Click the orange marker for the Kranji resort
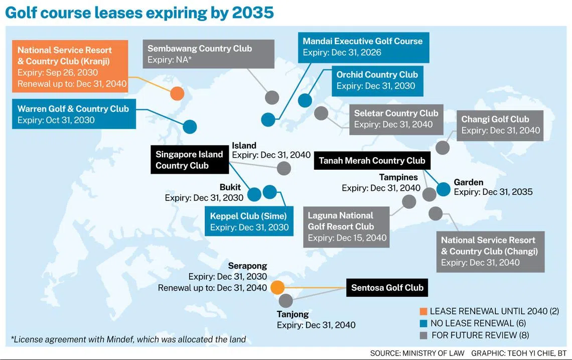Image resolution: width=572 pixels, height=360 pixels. (177, 93)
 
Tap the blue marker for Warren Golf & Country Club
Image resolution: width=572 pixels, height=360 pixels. (190, 127)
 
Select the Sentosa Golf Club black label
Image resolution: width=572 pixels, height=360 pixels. (387, 288)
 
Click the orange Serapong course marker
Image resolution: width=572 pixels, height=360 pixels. (277, 287)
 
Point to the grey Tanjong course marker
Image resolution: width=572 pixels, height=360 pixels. (285, 301)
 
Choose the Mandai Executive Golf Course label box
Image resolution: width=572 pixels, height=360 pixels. (363, 47)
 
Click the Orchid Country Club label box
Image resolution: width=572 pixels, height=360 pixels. (377, 80)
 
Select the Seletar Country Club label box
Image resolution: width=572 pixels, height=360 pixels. (396, 119)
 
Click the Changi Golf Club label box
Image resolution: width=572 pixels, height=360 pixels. (500, 125)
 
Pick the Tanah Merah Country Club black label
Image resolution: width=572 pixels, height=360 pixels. (372, 161)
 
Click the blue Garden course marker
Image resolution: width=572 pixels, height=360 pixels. (444, 189)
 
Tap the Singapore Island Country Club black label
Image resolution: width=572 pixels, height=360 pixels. (189, 160)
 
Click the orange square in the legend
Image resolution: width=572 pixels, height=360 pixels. (422, 311)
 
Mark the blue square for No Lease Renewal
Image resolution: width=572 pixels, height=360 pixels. (422, 323)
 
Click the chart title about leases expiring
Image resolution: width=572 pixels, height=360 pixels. (139, 12)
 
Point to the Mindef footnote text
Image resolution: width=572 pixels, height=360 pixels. (128, 339)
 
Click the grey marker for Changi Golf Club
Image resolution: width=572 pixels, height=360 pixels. (442, 148)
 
